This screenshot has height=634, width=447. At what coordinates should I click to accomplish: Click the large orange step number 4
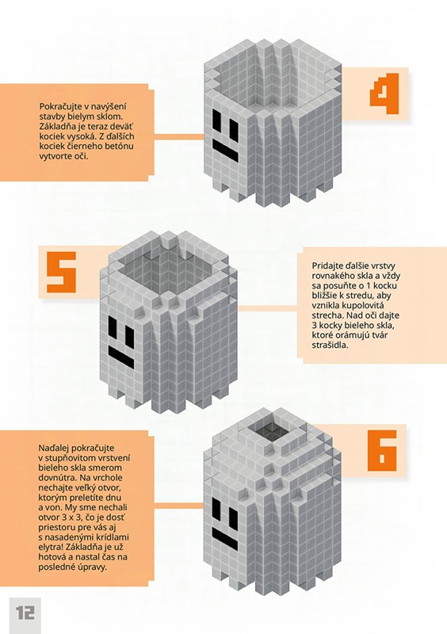(384, 94)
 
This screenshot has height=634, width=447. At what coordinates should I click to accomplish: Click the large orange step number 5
(62, 272)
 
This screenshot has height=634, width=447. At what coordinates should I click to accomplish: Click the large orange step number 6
(382, 450)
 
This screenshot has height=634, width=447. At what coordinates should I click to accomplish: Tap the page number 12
(25, 613)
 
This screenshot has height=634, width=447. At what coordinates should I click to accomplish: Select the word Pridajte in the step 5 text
(327, 266)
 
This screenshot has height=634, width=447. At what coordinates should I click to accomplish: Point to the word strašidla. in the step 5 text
(330, 346)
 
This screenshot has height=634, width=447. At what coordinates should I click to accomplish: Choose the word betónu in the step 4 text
(120, 146)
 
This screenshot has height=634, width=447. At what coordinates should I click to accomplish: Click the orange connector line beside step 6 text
(179, 506)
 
